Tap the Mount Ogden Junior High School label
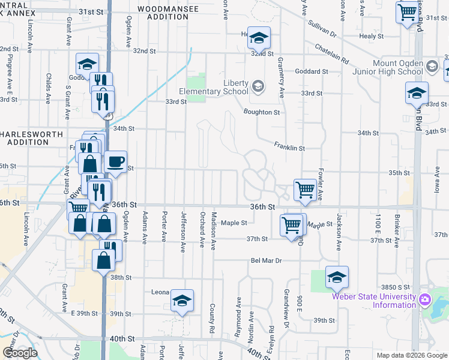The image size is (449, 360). (x=389, y=67)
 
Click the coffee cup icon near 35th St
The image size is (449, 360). (x=115, y=161)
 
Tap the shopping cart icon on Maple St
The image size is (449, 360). (x=292, y=226)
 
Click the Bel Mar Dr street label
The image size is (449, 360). (x=267, y=261)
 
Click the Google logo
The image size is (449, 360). (x=20, y=353)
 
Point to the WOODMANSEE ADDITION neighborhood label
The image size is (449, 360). (x=163, y=13)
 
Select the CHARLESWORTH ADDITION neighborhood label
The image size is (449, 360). (x=24, y=137)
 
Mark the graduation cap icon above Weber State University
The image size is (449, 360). (x=337, y=277)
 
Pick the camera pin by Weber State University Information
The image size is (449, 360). (x=425, y=299)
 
